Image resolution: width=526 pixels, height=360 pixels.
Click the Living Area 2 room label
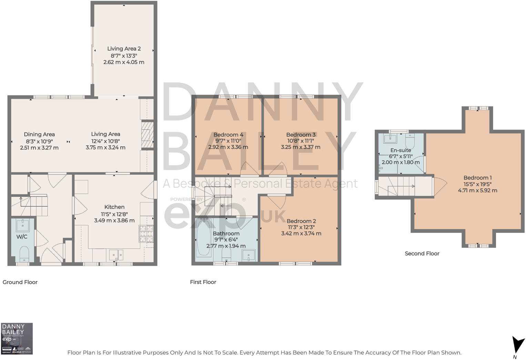[124, 49]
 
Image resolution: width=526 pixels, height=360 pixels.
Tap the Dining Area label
[39, 134]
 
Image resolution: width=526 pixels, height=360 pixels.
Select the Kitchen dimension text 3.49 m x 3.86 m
[114, 220]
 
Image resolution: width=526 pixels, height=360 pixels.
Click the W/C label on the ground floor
[22, 237]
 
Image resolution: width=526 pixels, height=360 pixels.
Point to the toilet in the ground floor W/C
[24, 254]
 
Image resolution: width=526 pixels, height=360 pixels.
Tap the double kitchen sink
[116, 255]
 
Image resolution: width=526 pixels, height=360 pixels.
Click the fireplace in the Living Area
[147, 134]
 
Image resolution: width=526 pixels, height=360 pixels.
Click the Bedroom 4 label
[228, 135]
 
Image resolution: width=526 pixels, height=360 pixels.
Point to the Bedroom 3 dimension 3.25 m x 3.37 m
[301, 147]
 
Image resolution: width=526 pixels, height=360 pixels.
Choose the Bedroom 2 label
[301, 221]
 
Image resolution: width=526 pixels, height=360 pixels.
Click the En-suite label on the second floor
[401, 150]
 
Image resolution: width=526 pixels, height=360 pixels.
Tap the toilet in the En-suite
[410, 141]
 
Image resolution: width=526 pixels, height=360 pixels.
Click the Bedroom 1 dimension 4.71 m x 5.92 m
[477, 191]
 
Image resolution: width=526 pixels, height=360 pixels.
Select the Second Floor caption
[422, 254]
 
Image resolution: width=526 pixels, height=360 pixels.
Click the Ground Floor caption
[20, 282]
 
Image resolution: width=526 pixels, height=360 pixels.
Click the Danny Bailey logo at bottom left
[17, 338]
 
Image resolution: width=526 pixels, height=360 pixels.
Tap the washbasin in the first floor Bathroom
[249, 255]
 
